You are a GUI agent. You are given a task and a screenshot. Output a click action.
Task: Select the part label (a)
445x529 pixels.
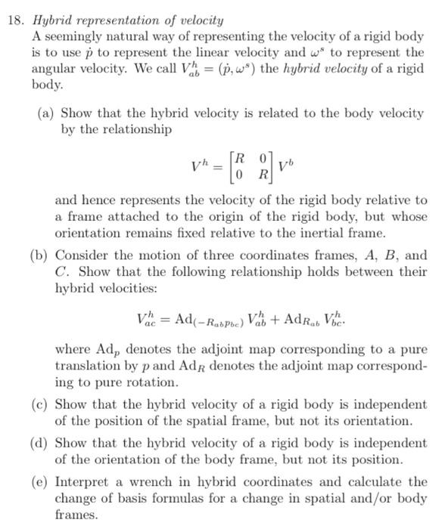tap(46, 113)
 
